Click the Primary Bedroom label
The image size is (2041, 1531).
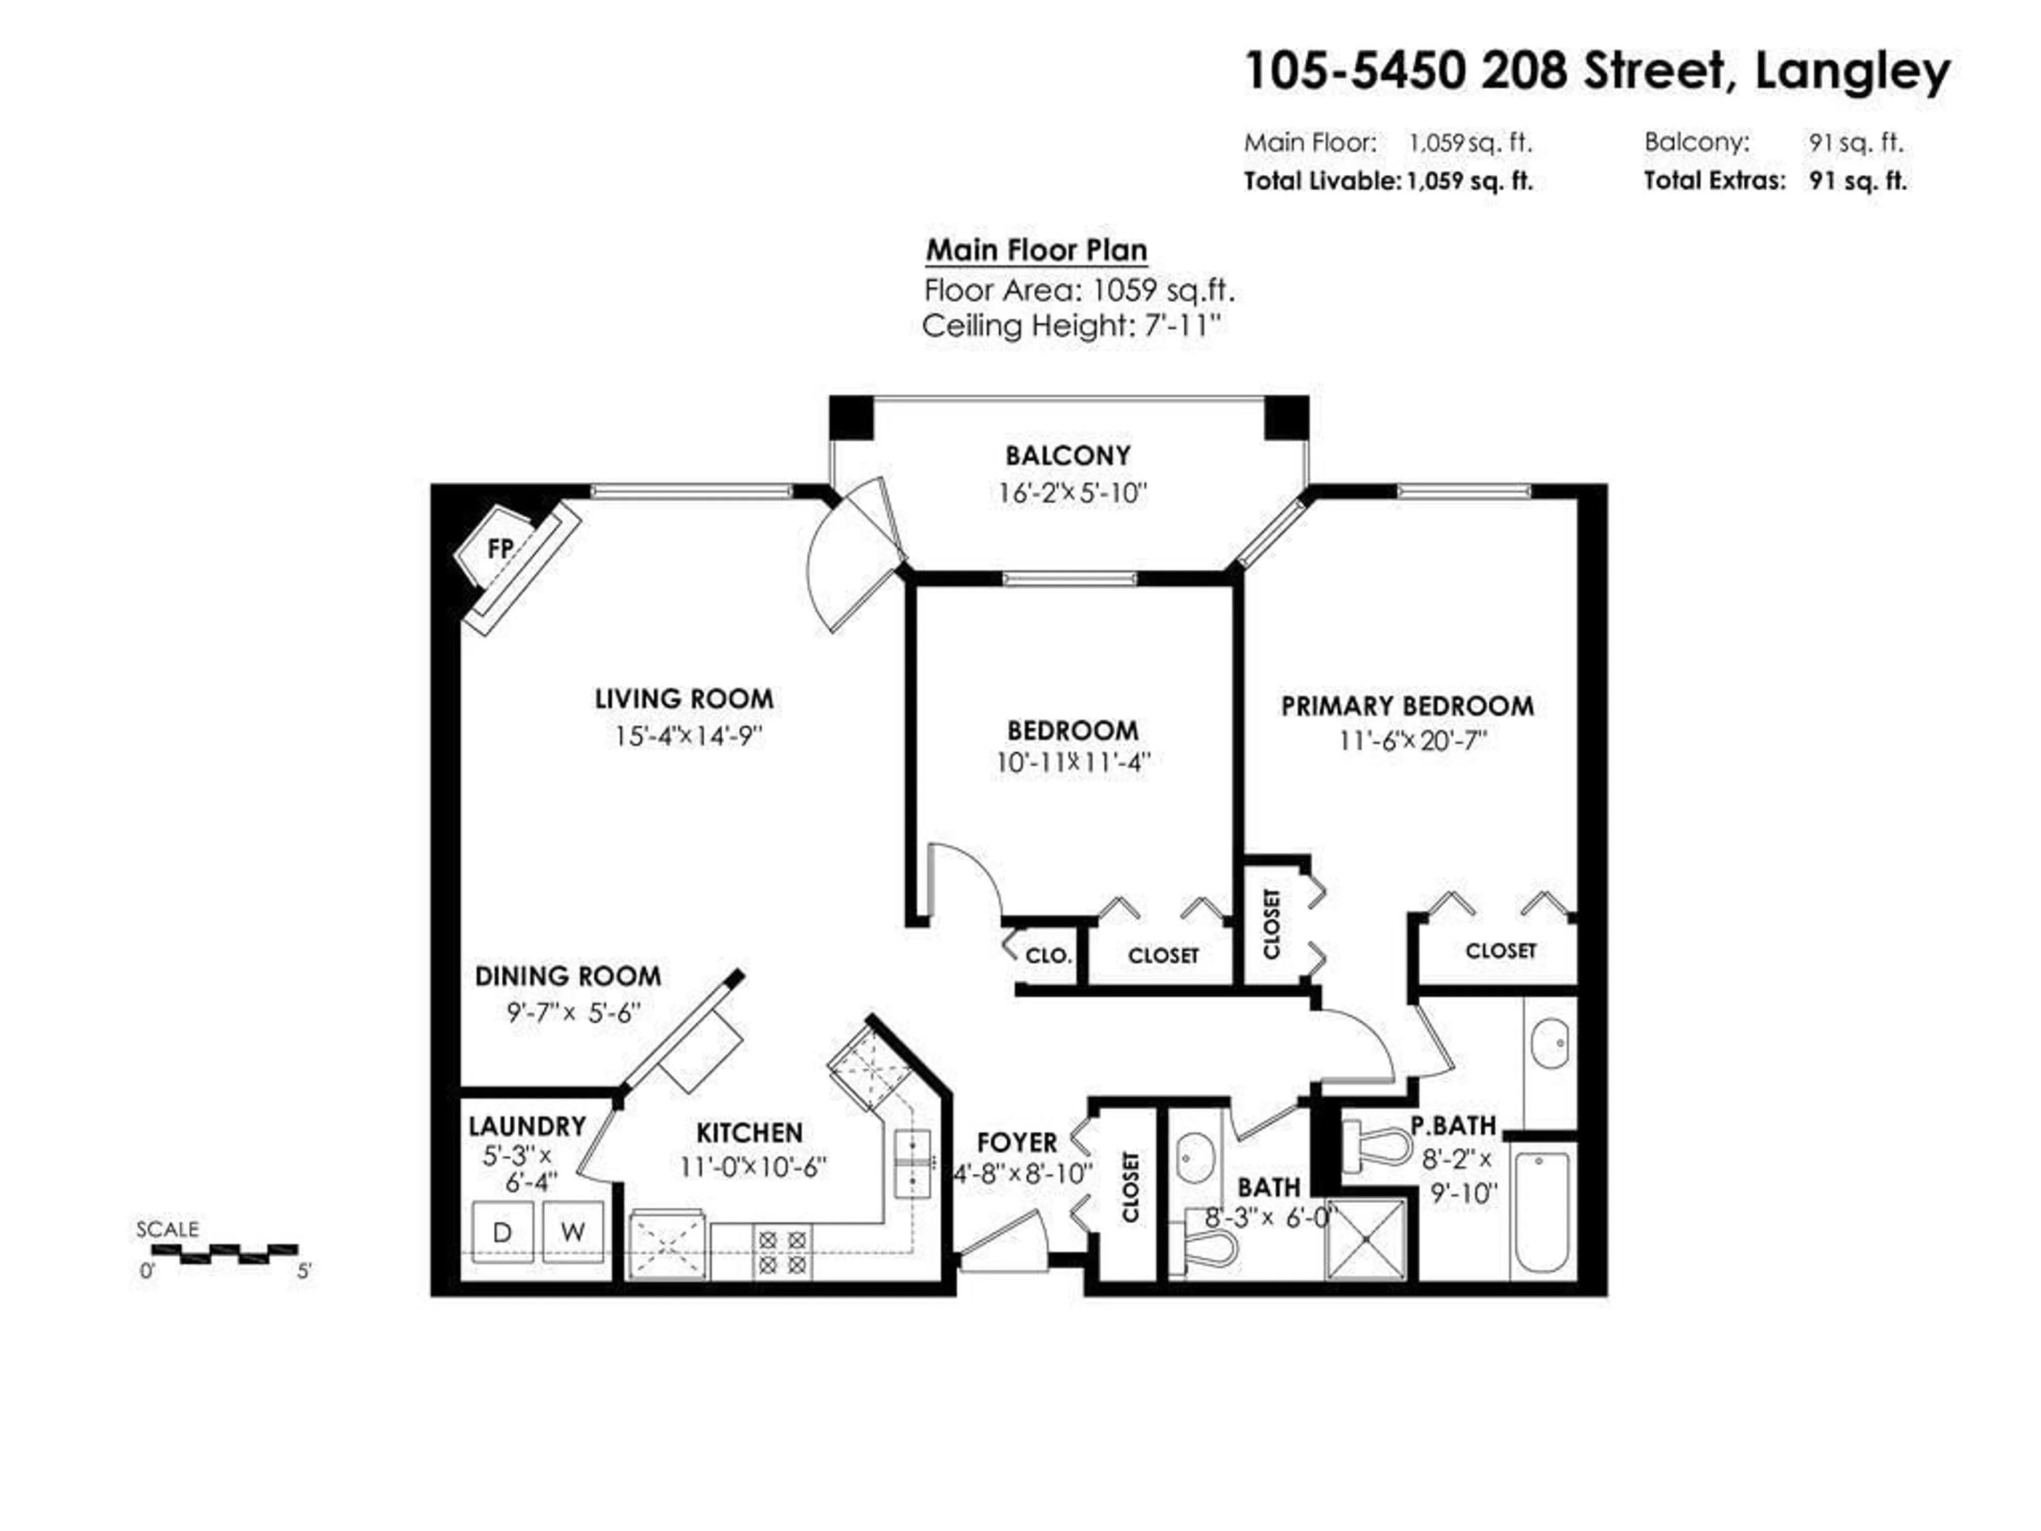1407,707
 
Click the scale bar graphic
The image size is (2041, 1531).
224,1253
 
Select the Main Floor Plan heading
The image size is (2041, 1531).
1036,250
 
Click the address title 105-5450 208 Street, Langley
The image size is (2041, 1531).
1597,71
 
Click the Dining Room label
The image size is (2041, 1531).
568,977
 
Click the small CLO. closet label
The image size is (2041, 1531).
1048,956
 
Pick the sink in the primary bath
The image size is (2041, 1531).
1549,1044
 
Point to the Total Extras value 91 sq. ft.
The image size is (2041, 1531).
1858,181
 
